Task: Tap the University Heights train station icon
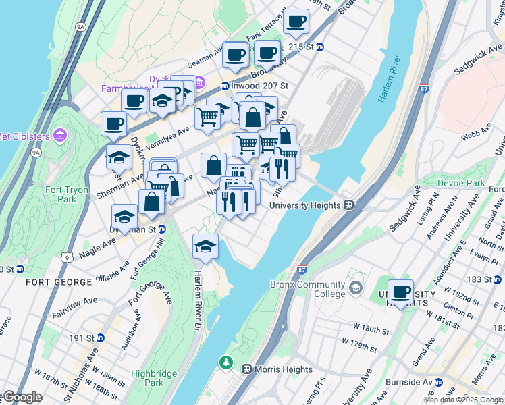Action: click(348, 205)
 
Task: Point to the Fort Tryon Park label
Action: click(67, 195)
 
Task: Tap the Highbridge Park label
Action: click(147, 377)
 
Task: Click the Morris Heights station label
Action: click(282, 369)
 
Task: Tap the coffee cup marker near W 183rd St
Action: click(401, 291)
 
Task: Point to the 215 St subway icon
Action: click(320, 47)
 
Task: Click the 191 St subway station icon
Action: click(101, 337)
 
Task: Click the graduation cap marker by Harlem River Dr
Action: click(205, 247)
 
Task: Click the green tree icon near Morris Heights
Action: click(225, 364)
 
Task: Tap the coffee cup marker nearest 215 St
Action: click(295, 22)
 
